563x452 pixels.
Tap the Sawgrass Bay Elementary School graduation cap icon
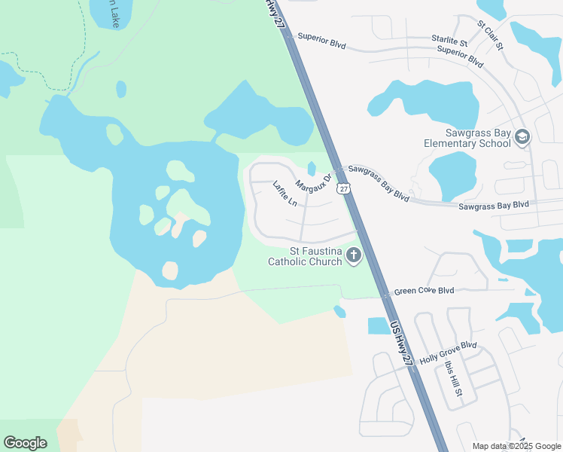click(522, 138)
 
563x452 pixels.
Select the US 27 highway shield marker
click(344, 188)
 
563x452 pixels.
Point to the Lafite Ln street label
click(285, 194)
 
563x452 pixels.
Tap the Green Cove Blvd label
click(425, 290)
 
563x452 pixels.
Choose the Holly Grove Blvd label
click(449, 352)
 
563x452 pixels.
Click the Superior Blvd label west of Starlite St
click(321, 40)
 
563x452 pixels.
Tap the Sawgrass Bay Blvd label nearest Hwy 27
click(379, 184)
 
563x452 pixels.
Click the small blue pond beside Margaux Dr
click(312, 169)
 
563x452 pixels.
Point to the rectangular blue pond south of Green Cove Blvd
click(379, 325)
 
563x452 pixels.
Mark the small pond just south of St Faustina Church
click(339, 311)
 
